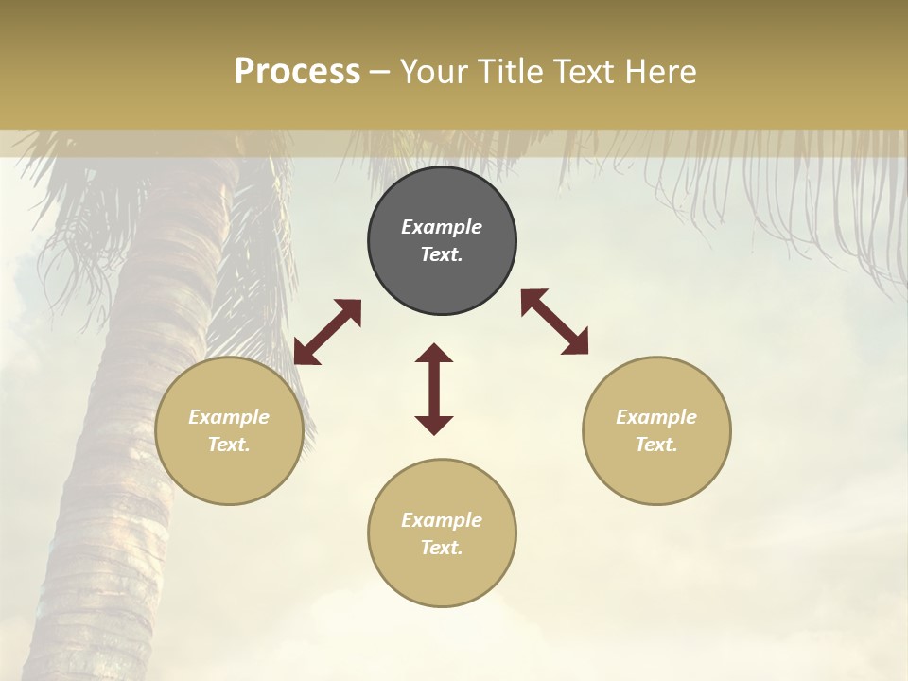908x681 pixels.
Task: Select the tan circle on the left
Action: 229,430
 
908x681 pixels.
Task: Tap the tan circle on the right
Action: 656,430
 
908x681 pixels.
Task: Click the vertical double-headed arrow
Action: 434,389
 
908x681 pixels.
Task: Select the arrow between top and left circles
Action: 327,332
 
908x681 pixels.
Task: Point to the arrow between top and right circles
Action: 554,322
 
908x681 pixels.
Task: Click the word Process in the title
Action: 297,72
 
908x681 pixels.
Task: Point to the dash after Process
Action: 380,73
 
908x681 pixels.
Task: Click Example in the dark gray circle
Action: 442,227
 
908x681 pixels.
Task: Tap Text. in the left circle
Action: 229,445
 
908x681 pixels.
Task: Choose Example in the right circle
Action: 656,417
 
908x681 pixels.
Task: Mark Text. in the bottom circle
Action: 442,548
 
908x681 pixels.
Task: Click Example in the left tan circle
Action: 229,417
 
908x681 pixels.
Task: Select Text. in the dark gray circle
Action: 442,254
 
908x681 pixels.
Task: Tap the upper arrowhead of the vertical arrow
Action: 434,354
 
